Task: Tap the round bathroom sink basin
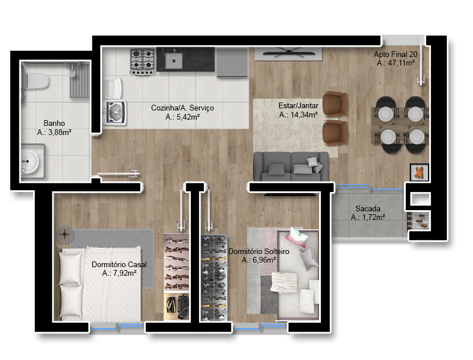pyautogui.click(x=29, y=162)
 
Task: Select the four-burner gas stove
pyautogui.click(x=142, y=61)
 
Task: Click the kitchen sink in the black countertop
pyautogui.click(x=174, y=60)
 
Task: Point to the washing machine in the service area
pyautogui.click(x=115, y=113)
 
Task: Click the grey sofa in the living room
pyautogui.click(x=291, y=166)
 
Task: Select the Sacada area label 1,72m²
pyautogui.click(x=368, y=217)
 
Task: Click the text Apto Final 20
pyautogui.click(x=395, y=54)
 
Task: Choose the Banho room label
pyautogui.click(x=54, y=123)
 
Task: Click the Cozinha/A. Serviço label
pyautogui.click(x=182, y=108)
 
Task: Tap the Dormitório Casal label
pyautogui.click(x=119, y=264)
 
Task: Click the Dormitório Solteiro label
pyautogui.click(x=259, y=251)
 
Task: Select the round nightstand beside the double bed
pyautogui.click(x=64, y=234)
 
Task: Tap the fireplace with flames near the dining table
pyautogui.click(x=419, y=172)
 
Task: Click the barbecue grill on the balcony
pyautogui.click(x=419, y=221)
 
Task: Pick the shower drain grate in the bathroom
pyautogui.click(x=80, y=80)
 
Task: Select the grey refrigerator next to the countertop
pyautogui.click(x=232, y=63)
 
